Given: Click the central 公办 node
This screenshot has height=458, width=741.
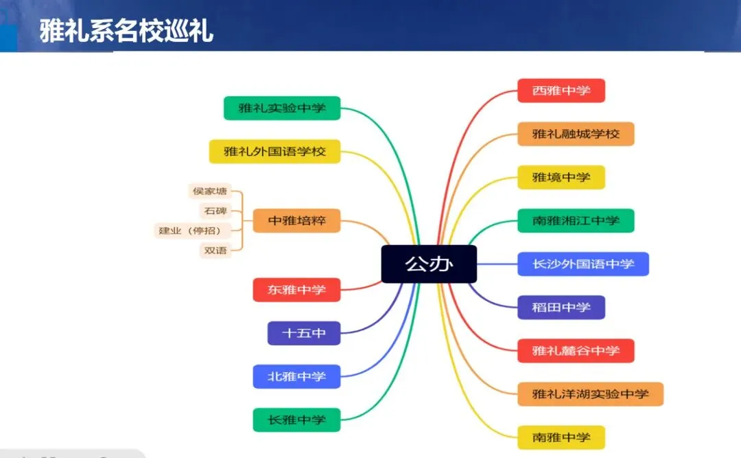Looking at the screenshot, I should point(429,264).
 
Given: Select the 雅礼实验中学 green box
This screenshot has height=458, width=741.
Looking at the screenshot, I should point(282,108).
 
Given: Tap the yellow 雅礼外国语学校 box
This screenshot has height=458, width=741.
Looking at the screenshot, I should point(274,151).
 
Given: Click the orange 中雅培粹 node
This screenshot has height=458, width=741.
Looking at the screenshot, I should point(296,221).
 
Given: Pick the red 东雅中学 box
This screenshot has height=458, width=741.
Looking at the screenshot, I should point(296,290).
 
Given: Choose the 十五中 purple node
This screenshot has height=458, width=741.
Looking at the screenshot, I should point(303,333).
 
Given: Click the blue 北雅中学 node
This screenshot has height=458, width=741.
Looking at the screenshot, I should point(296,376).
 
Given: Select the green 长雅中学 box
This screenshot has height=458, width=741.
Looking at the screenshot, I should point(296,420).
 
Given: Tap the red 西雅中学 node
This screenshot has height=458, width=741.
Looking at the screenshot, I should point(561,91).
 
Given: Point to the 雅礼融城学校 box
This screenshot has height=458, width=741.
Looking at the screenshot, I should point(576,134).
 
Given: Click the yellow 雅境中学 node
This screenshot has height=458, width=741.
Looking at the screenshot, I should point(561,177).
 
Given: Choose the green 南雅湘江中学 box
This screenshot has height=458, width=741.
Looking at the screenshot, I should point(576,220).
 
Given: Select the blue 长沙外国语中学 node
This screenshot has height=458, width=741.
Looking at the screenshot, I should point(583,264).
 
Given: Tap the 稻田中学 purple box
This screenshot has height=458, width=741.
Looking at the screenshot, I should point(561,307).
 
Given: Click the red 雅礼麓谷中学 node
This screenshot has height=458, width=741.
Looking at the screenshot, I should point(576,350).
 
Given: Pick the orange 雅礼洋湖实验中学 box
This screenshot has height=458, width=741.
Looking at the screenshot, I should point(590,393).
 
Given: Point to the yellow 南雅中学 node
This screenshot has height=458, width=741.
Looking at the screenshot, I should point(561,437).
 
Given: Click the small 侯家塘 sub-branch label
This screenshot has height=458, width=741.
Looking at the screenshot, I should point(210,191).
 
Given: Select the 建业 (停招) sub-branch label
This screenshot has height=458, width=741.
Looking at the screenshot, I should point(190,231).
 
